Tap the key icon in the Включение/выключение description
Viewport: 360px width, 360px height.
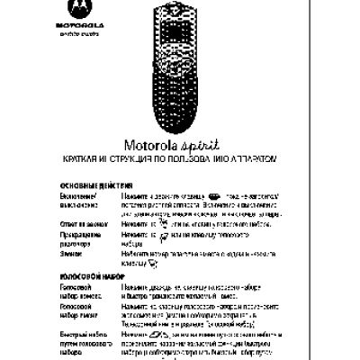point(213,193)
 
